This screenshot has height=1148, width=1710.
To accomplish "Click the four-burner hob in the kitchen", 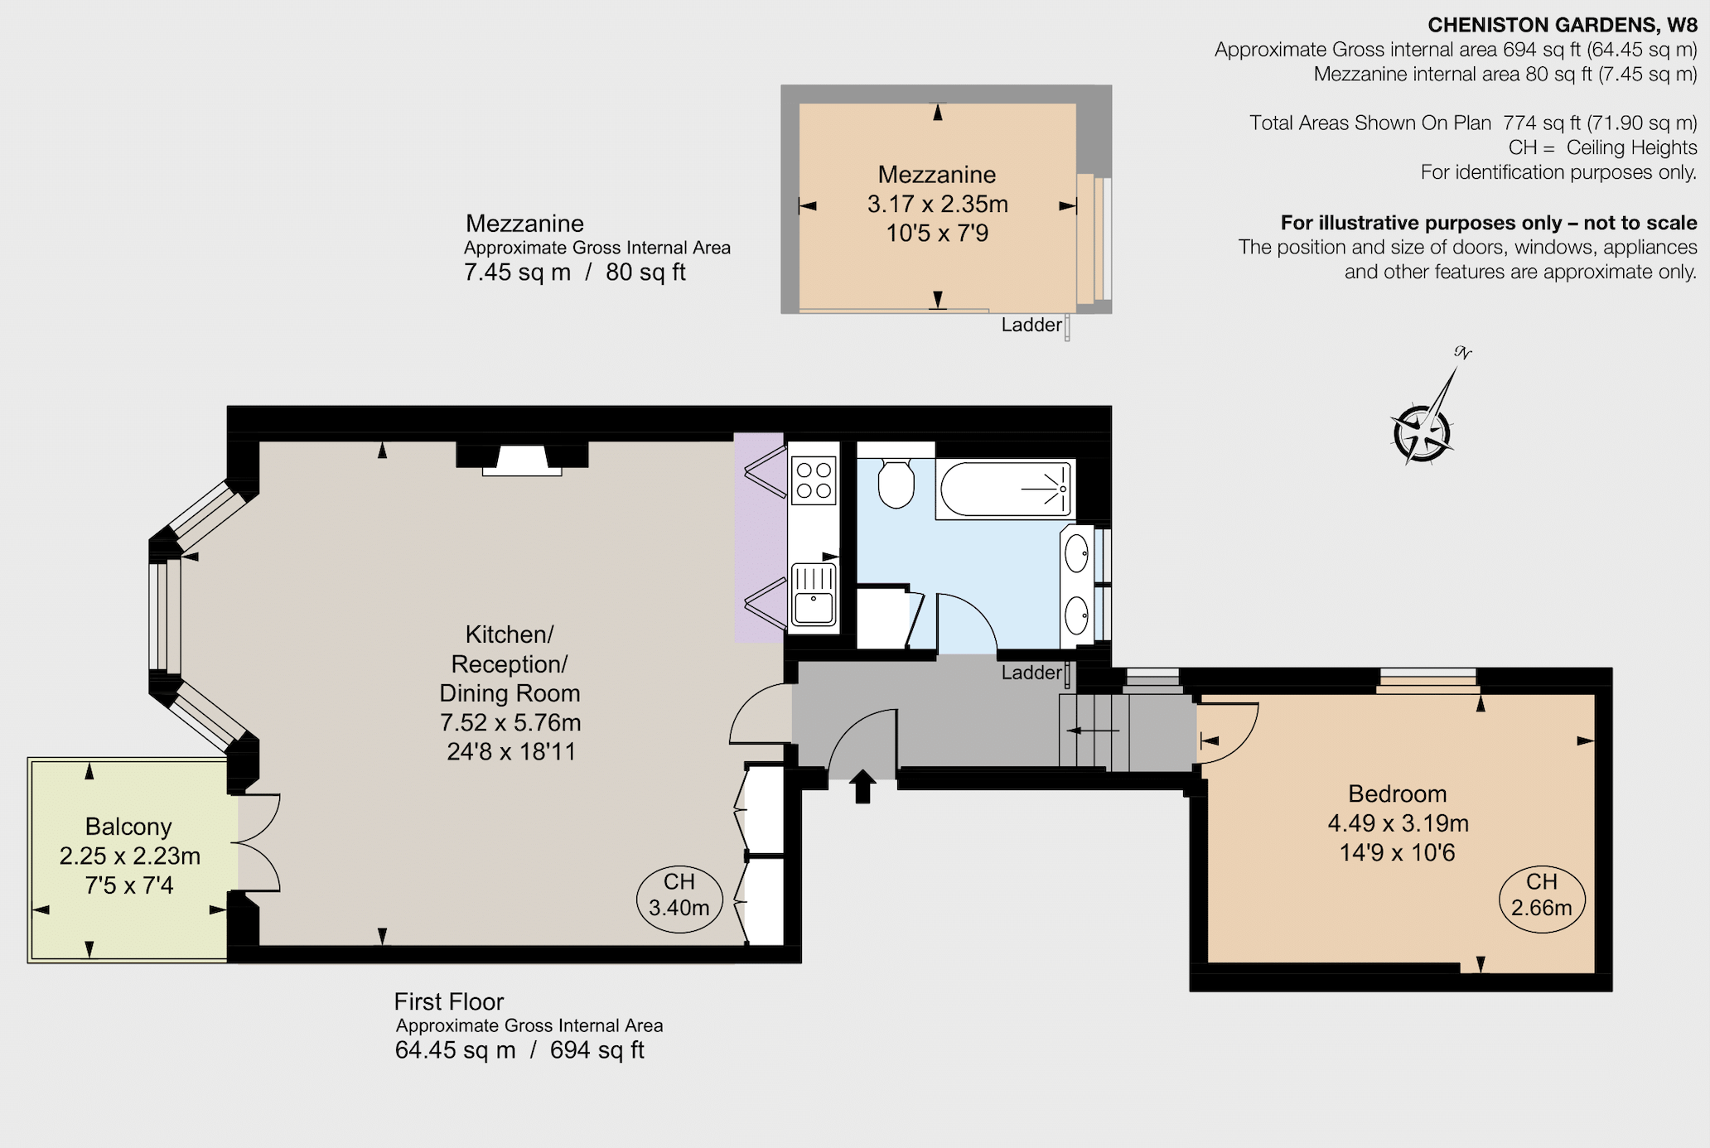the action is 814,480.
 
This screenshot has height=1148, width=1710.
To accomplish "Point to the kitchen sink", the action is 814,594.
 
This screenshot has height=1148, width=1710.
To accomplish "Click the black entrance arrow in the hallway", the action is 862,786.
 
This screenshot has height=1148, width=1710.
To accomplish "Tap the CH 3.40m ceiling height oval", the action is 679,900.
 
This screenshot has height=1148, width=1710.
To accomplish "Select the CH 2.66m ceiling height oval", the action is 1542,900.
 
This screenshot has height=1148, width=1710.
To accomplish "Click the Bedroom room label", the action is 1398,793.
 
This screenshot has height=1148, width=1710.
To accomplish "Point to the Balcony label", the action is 128,827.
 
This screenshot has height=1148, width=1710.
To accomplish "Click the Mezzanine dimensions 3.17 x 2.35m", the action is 938,204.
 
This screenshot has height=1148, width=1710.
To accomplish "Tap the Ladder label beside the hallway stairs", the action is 1031,673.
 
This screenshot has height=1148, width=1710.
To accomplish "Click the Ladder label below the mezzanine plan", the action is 1031,325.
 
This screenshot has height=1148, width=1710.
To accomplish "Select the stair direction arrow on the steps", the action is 1093,731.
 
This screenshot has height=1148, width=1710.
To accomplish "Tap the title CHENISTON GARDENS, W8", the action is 1563,25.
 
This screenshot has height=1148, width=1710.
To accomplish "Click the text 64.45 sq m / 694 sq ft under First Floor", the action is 519,1050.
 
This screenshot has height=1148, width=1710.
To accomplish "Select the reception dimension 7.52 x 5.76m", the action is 510,722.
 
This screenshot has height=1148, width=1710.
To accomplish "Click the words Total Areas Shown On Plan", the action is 1370,123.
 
